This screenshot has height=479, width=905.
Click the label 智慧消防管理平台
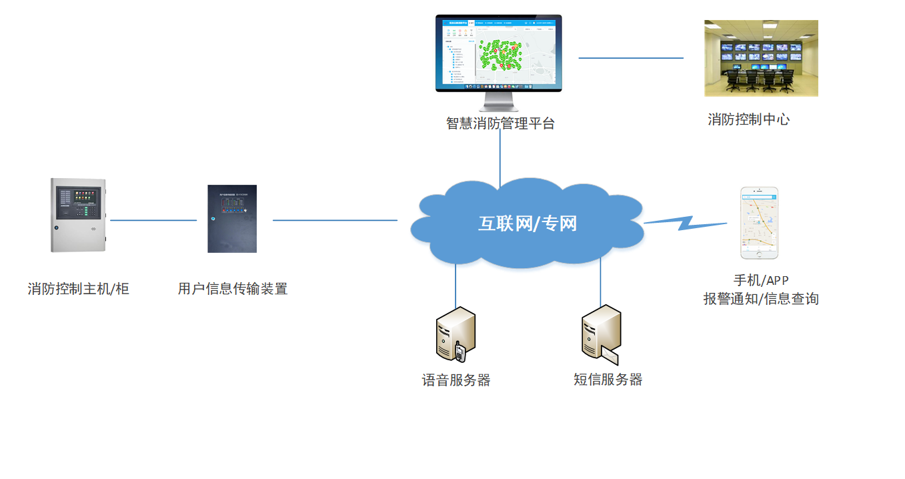click(x=500, y=123)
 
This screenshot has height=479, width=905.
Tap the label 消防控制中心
click(x=748, y=120)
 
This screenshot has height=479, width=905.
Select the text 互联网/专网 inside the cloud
click(x=527, y=223)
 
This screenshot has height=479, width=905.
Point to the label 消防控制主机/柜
click(x=78, y=289)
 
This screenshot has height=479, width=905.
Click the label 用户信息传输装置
click(x=233, y=289)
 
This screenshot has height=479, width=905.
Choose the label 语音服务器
click(x=456, y=380)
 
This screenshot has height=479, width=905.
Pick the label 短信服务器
click(x=608, y=380)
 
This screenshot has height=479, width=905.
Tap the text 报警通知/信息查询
click(x=761, y=299)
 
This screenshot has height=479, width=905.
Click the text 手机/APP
click(x=761, y=281)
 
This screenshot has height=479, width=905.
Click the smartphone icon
click(x=760, y=223)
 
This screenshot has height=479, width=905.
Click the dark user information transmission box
click(x=231, y=219)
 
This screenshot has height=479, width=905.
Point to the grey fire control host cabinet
click(x=79, y=215)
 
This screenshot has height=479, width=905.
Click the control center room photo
click(x=761, y=58)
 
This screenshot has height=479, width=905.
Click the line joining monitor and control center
click(x=630, y=58)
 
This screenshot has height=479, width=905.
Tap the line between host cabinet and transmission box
click(x=153, y=220)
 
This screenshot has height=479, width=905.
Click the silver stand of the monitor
click(x=499, y=102)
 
